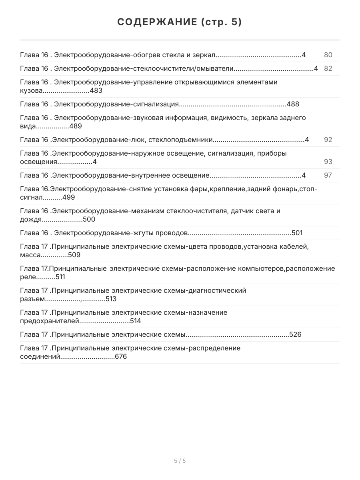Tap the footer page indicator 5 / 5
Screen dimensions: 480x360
pyautogui.click(x=180, y=461)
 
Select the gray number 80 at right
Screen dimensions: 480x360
pyautogui.click(x=328, y=55)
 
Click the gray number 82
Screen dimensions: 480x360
pyautogui.click(x=328, y=68)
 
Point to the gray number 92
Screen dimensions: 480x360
pyautogui.click(x=328, y=140)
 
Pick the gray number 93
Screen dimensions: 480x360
pyautogui.click(x=328, y=162)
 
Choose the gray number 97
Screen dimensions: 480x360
pyautogui.click(x=328, y=175)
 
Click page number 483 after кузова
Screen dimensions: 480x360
pyautogui.click(x=96, y=90)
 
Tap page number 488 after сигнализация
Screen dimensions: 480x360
pyautogui.click(x=293, y=104)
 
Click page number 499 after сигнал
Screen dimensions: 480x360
pyautogui.click(x=68, y=197)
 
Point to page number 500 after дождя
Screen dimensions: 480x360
pyautogui.click(x=89, y=219)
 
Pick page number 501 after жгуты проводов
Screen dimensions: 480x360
pyautogui.click(x=297, y=233)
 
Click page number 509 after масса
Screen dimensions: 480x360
pyautogui.click(x=74, y=255)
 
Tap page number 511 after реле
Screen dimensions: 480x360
pyautogui.click(x=60, y=277)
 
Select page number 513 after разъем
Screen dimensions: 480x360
pyautogui.click(x=111, y=299)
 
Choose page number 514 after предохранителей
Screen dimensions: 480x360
pyautogui.click(x=135, y=321)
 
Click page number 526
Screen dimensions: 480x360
pyautogui.click(x=295, y=334)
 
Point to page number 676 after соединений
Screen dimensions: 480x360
pyautogui.click(x=120, y=356)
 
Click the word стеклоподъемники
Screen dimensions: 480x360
pyautogui.click(x=180, y=140)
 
